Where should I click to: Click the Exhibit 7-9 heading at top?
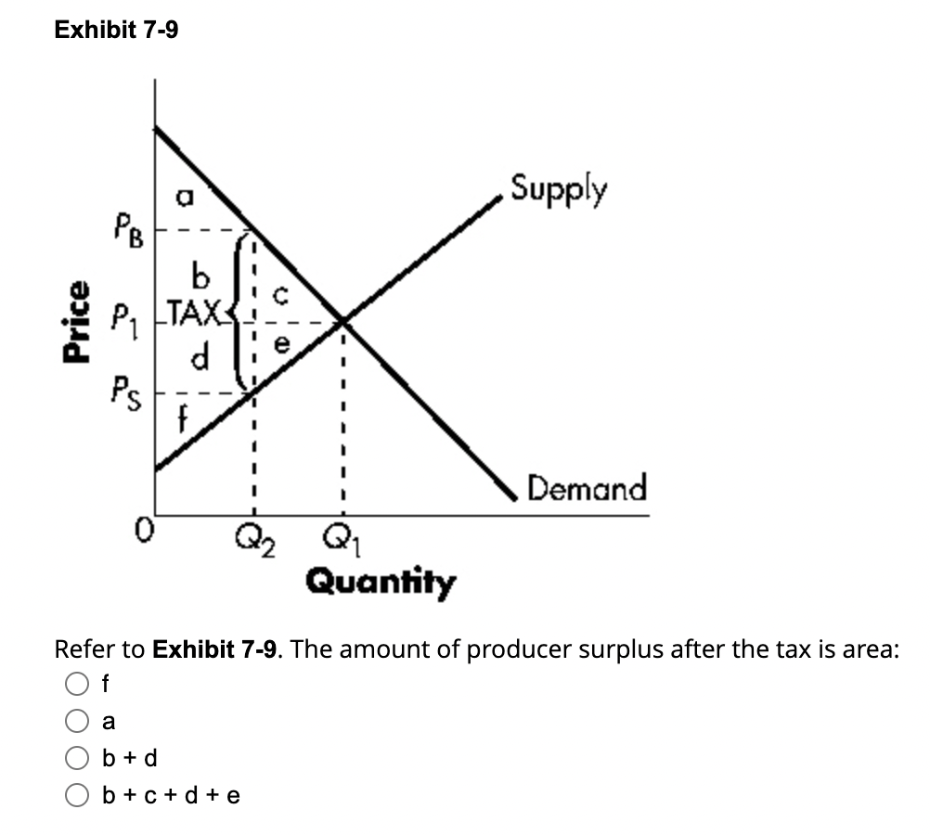coord(117,31)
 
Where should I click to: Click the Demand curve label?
coord(587,487)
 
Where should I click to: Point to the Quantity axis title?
coord(381,584)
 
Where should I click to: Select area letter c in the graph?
coord(288,294)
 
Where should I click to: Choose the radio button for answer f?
coord(77,686)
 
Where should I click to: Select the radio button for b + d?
coord(77,758)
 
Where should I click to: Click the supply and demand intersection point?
coord(342,321)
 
